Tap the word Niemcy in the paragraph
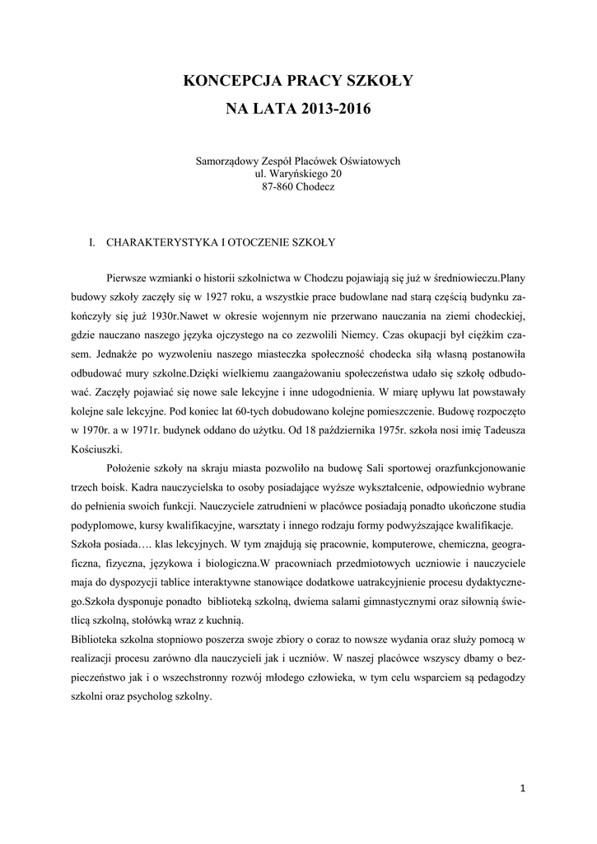coord(359,335)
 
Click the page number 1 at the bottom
coord(523,789)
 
